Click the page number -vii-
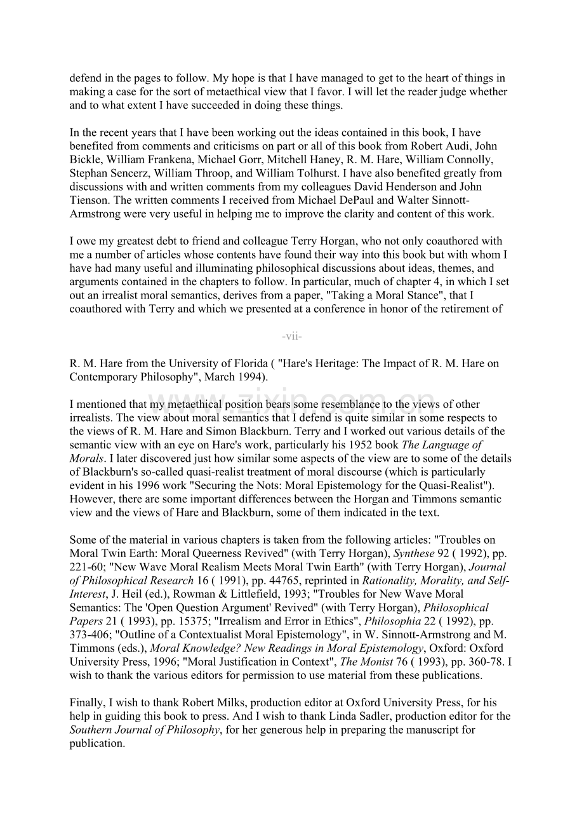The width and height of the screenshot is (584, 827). (x=292, y=336)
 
